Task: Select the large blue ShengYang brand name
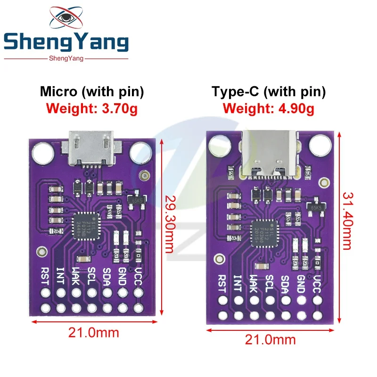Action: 66,43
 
